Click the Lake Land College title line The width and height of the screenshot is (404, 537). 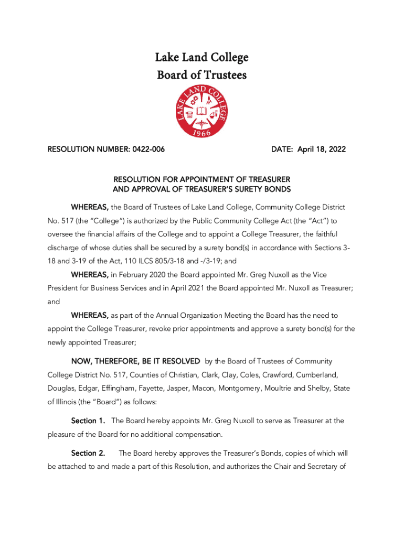coord(202,57)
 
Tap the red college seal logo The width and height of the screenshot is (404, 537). coord(201,112)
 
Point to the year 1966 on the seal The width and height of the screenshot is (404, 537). coord(201,133)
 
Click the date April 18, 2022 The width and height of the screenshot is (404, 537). coord(322,149)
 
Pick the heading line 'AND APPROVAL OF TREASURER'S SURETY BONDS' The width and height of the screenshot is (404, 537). coord(202,189)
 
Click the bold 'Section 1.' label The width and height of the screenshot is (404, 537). coord(88,421)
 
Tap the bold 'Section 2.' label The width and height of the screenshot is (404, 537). coord(88,453)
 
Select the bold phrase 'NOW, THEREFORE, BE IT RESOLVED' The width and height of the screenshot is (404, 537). coord(135,361)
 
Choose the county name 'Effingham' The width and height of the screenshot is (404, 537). coord(106,389)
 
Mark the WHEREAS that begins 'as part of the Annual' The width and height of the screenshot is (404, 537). coord(90,315)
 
